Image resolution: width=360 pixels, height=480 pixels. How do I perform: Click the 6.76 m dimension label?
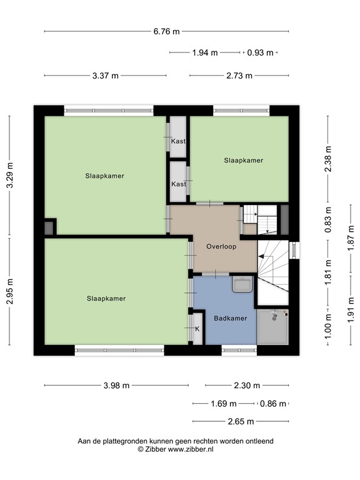(x=166, y=31)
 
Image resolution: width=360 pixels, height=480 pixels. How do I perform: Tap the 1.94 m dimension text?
(x=205, y=52)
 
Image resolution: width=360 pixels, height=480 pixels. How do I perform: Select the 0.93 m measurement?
(x=260, y=52)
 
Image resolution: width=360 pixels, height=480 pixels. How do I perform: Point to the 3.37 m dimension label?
(x=105, y=76)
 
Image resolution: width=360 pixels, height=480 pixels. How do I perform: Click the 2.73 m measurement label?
(x=239, y=76)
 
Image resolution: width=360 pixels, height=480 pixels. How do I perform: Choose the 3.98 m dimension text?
(x=116, y=386)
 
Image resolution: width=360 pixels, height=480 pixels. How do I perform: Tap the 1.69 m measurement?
(x=224, y=404)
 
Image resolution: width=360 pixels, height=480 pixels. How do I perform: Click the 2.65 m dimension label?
(x=241, y=421)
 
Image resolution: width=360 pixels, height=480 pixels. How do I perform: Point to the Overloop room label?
(x=221, y=246)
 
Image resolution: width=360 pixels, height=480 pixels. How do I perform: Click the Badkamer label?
(x=231, y=318)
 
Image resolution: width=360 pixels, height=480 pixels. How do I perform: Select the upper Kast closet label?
(x=178, y=141)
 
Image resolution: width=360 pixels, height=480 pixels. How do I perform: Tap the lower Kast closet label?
(x=179, y=184)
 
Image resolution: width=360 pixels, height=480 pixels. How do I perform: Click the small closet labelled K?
(x=197, y=329)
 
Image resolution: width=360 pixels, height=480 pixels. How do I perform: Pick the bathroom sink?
(x=242, y=284)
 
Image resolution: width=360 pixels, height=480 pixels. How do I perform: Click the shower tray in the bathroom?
(x=272, y=327)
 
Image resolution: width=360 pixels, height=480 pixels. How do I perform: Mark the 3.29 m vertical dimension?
(x=10, y=175)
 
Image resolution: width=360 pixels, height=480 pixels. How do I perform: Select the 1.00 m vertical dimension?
(x=328, y=327)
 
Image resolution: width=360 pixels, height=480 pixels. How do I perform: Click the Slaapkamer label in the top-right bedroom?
(x=244, y=161)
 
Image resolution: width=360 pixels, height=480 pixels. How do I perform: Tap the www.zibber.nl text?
(x=191, y=449)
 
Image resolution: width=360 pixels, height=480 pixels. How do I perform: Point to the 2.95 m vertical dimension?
(x=10, y=291)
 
